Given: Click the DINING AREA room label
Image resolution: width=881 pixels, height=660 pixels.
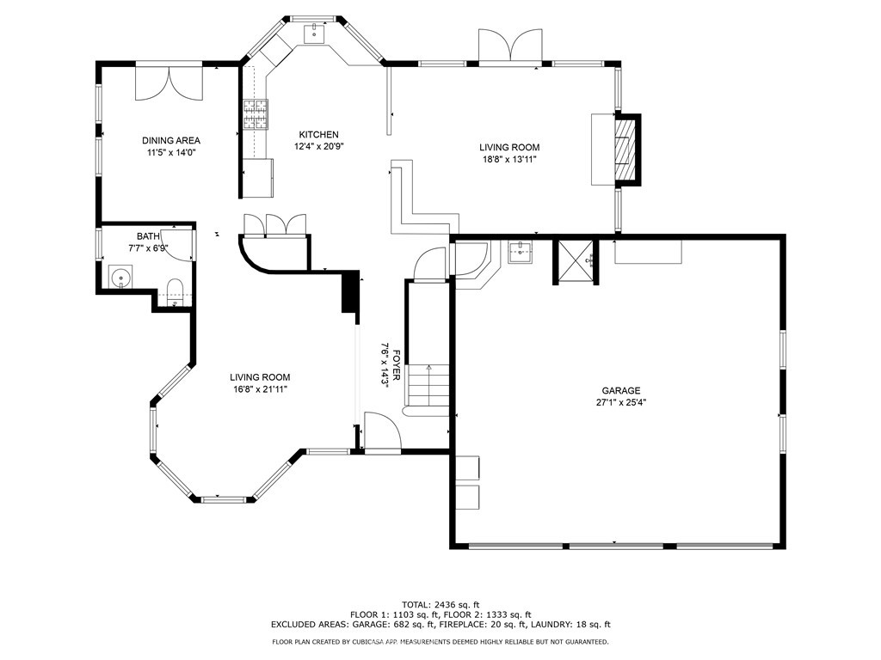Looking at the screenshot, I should (171, 140).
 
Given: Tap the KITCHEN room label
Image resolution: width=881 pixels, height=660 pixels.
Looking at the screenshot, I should (318, 134).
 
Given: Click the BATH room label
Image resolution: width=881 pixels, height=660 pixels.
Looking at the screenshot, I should (148, 236).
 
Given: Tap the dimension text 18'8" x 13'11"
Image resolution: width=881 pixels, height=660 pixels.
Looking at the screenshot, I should (509, 159).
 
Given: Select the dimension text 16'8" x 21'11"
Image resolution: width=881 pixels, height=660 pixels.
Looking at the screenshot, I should (259, 389).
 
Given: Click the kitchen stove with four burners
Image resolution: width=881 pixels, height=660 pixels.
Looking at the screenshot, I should (256, 114).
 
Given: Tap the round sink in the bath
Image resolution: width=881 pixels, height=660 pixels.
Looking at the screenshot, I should (122, 278).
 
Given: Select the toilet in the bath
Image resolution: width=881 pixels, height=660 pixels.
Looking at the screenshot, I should (174, 287).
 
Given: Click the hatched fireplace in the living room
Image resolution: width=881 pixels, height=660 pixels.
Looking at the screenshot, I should (625, 150).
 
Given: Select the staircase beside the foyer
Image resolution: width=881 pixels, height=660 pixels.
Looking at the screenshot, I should (428, 387).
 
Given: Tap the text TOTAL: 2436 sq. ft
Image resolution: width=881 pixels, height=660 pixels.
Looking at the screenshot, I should (440, 604).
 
